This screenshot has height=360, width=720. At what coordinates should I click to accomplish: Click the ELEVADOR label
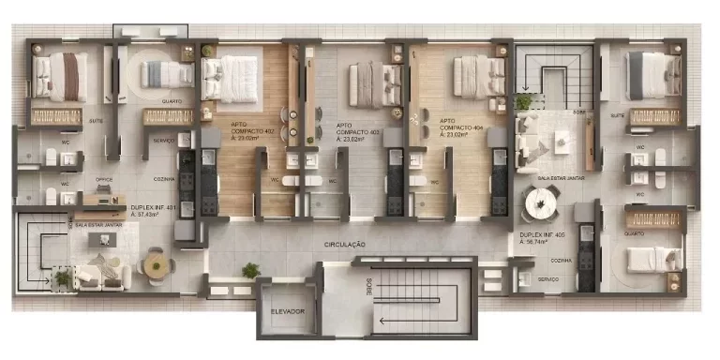pyautogui.click(x=288, y=310)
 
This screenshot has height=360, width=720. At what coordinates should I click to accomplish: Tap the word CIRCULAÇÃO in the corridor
pyautogui.click(x=345, y=245)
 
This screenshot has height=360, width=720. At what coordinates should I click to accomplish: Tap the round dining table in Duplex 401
pyautogui.click(x=154, y=266)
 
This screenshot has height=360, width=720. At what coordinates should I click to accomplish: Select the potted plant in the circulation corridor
pyautogui.click(x=250, y=271)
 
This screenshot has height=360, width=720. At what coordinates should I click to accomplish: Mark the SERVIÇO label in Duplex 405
pyautogui.click(x=549, y=279)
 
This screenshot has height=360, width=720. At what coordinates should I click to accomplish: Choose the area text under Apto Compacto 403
pyautogui.click(x=352, y=139)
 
